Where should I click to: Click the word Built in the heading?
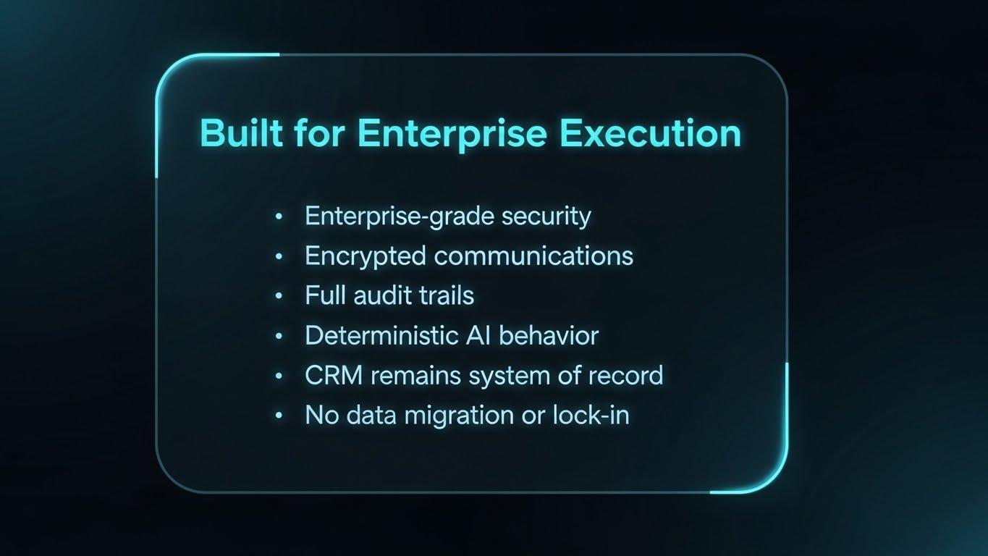(241, 132)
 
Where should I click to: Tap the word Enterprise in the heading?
(452, 134)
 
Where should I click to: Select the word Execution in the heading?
(651, 132)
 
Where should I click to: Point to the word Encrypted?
(366, 256)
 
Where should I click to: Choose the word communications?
(533, 256)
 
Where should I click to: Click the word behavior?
(549, 335)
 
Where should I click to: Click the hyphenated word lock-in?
(591, 416)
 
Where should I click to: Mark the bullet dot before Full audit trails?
(279, 296)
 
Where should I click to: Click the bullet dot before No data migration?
(279, 416)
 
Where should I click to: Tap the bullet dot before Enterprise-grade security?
(279, 216)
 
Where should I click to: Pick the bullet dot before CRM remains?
(279, 376)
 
